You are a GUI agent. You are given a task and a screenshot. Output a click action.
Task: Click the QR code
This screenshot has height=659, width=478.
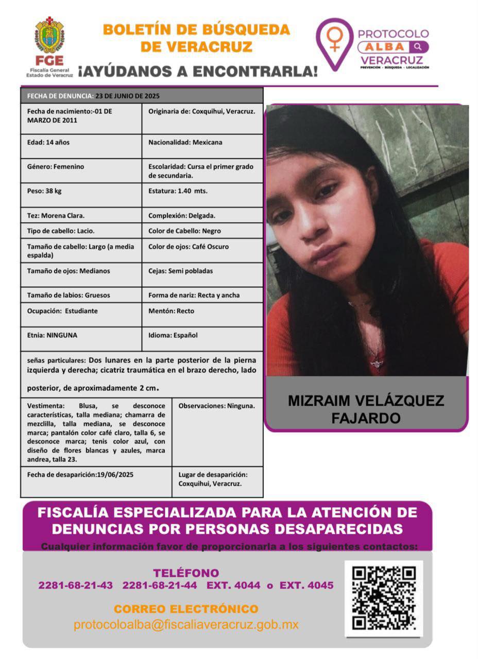pos(384,598)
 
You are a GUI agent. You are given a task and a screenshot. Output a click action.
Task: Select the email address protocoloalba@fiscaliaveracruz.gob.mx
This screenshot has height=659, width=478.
pos(186,625)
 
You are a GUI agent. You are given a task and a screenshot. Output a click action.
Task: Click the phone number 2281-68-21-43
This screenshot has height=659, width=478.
pos(75,585)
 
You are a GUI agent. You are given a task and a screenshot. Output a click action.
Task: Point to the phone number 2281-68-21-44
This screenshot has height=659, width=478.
pos(160,585)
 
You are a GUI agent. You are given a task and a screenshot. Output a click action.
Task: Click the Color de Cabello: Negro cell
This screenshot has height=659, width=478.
pos(202,231)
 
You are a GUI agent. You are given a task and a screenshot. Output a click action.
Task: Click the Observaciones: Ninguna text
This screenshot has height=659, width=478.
pos(216,406)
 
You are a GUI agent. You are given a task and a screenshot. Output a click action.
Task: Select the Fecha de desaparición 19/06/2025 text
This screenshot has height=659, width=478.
pos(80,475)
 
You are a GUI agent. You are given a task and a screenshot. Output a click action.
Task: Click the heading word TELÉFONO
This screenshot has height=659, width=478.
pos(186,573)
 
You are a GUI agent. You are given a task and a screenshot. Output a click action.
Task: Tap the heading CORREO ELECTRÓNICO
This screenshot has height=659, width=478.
pos(186,609)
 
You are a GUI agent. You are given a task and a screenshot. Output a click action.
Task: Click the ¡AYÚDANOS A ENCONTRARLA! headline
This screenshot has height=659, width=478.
pos(198,71)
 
